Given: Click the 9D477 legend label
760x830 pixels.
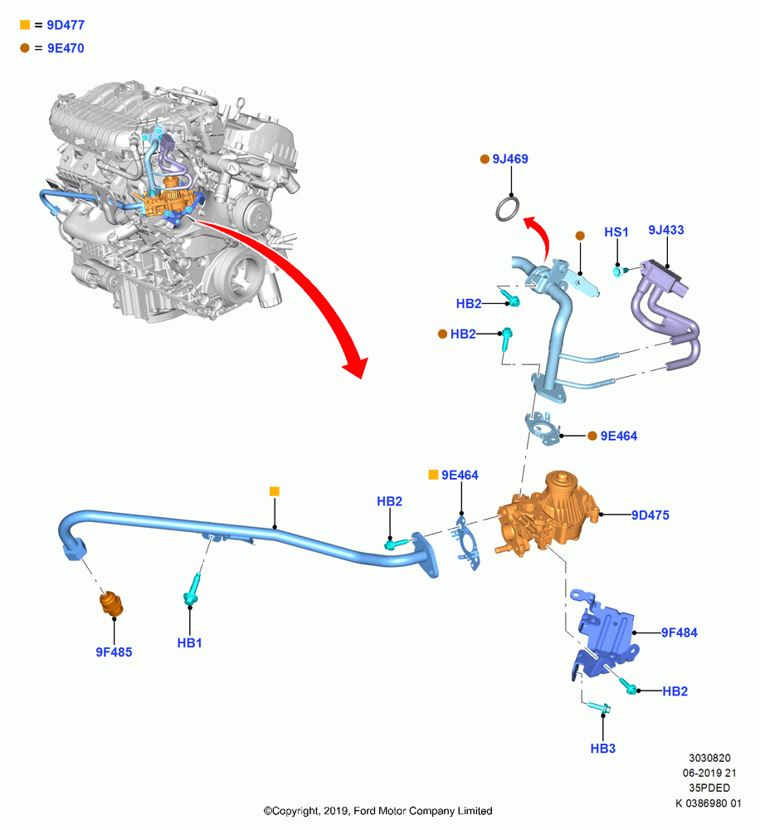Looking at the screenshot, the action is point(66,25).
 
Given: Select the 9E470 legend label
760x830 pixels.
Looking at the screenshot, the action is point(66,48).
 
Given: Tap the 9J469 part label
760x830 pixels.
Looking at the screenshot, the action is point(510,159).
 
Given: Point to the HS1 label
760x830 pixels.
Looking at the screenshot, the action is point(616,232).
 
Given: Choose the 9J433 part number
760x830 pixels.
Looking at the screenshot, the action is point(665,230).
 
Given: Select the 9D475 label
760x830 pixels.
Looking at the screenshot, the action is point(650,515).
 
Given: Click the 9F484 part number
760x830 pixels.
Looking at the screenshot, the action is point(680,632).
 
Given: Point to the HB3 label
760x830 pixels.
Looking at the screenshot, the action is point(603,749).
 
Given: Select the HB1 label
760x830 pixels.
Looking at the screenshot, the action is point(189,643).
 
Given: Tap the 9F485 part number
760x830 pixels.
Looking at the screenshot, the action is point(114,652).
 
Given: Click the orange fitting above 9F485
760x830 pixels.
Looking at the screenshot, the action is point(111,604).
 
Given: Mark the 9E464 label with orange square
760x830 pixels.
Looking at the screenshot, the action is point(460,476).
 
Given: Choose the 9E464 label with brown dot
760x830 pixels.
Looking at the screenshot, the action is point(619,437).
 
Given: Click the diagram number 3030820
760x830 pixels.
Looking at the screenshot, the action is point(709,758).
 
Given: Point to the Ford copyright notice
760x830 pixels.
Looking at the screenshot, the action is point(378,811).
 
